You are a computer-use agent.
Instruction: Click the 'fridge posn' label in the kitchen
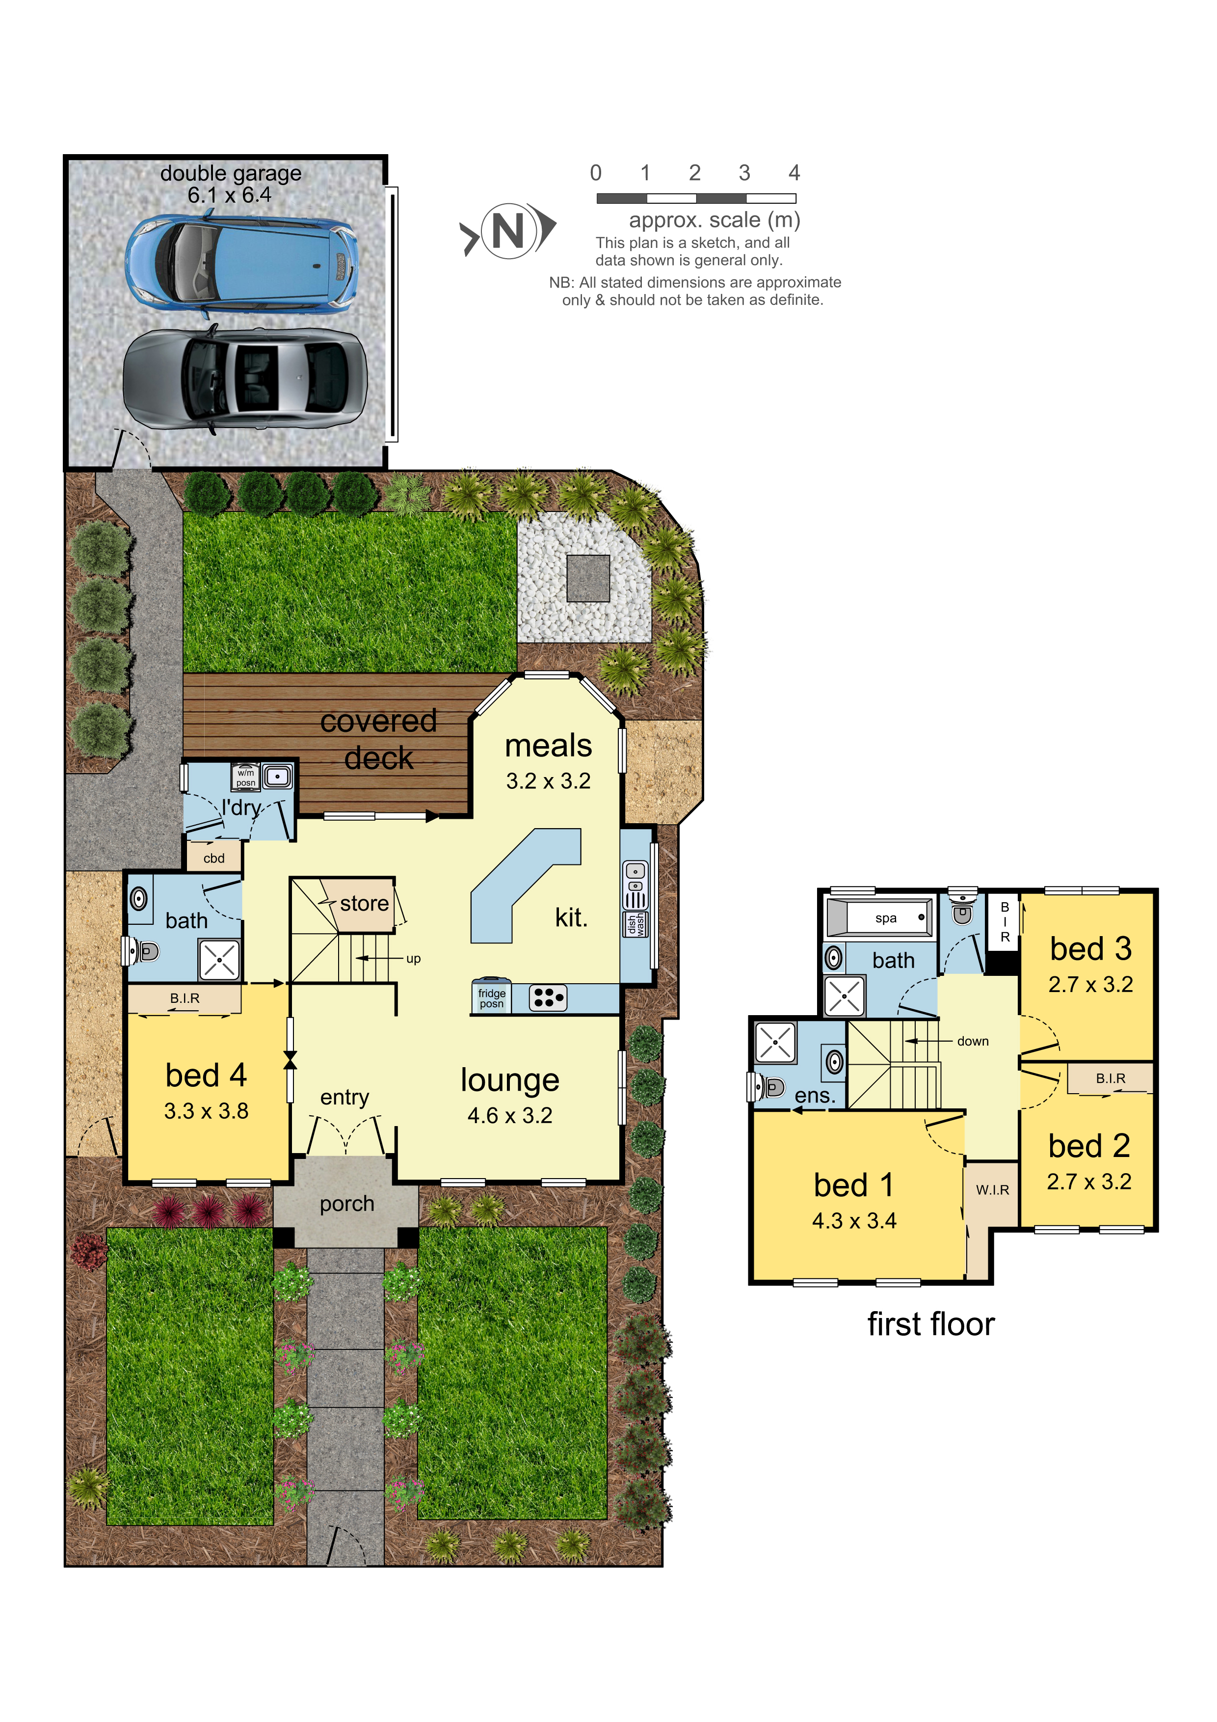pyautogui.click(x=491, y=998)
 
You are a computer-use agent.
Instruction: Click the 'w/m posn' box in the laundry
pyautogui.click(x=246, y=777)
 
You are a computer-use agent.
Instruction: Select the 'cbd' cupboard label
pyautogui.click(x=213, y=859)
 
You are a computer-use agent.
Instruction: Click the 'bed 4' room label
pyautogui.click(x=206, y=1076)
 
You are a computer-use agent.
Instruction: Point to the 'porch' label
pyautogui.click(x=346, y=1204)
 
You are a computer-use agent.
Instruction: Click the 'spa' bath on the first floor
pyautogui.click(x=886, y=918)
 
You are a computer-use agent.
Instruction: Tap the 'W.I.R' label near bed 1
pyautogui.click(x=992, y=1190)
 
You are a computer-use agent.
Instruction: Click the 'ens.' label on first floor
pyautogui.click(x=814, y=1096)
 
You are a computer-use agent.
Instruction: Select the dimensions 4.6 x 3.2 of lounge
pyautogui.click(x=509, y=1116)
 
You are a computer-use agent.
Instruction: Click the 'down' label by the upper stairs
pyautogui.click(x=973, y=1041)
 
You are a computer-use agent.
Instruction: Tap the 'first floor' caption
pyautogui.click(x=930, y=1324)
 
